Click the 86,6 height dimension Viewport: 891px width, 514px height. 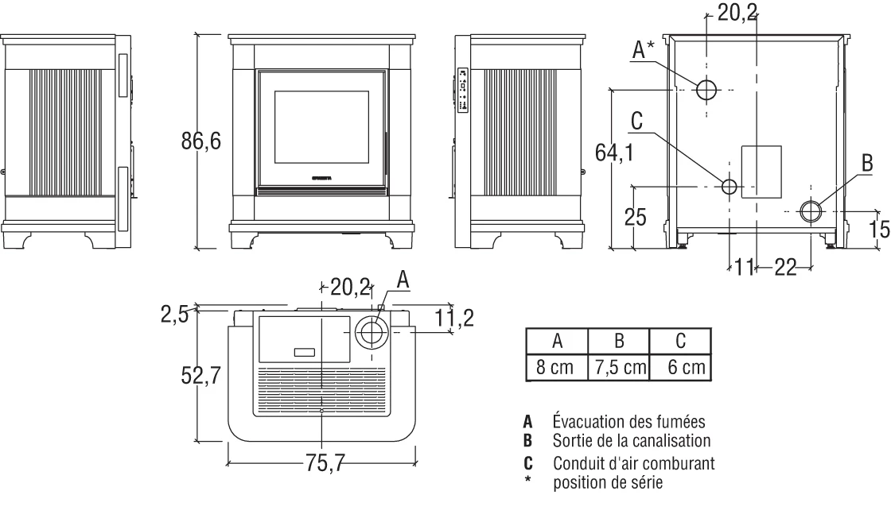(x=201, y=141)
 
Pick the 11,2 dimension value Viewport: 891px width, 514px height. (x=456, y=319)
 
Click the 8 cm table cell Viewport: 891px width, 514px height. (x=557, y=368)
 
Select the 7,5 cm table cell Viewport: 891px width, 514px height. (x=618, y=368)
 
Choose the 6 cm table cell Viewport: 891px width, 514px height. (x=681, y=368)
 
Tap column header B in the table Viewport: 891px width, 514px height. (x=618, y=342)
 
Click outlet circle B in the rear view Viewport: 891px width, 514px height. (x=811, y=211)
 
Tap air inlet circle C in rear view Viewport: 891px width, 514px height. (x=729, y=187)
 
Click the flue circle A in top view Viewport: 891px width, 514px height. (x=370, y=332)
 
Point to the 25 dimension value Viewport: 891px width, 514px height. (x=635, y=217)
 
